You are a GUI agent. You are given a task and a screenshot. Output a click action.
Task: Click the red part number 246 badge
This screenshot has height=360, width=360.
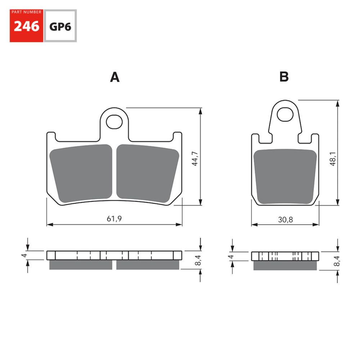click(x=26, y=26)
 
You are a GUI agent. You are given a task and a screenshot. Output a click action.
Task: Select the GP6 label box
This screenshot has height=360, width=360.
click(x=60, y=26)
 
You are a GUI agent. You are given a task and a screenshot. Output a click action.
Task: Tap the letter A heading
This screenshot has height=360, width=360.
click(x=114, y=77)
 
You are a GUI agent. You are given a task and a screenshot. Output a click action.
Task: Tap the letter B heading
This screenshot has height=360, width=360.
click(x=284, y=77)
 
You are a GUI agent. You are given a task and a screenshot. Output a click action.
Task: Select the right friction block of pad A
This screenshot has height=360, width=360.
click(x=148, y=173)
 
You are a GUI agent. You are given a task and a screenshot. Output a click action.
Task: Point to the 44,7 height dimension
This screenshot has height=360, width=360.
click(x=195, y=158)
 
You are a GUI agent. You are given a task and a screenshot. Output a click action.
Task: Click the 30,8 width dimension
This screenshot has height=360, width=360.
click(x=285, y=219)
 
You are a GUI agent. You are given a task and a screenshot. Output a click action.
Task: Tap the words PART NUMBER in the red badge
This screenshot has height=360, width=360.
click(x=26, y=12)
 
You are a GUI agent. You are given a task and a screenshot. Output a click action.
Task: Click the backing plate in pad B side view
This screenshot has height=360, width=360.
click(x=285, y=256)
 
